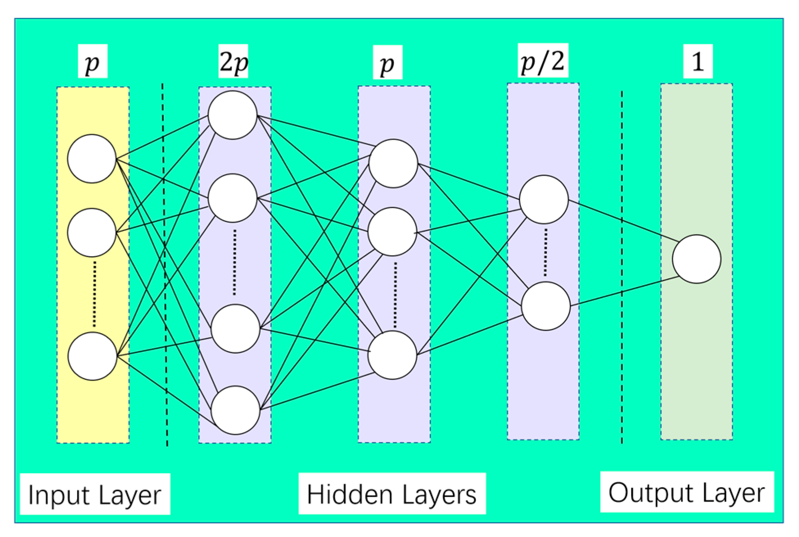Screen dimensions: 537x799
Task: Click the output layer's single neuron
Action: point(696,259)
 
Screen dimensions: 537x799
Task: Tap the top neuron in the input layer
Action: point(92,158)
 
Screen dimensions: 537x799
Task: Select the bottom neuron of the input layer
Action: point(92,356)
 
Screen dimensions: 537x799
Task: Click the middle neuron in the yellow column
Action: point(92,232)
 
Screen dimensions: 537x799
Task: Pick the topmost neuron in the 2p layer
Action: point(232,115)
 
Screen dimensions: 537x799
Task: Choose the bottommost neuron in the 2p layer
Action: point(235,410)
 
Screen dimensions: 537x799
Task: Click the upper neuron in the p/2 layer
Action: point(544,199)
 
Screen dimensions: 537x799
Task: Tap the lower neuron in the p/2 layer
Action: point(546,306)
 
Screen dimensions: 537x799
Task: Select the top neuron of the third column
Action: point(393,163)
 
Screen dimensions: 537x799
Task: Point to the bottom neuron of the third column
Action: point(392,355)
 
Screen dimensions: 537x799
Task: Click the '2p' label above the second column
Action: point(234,62)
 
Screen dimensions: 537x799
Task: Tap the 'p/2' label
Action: point(542,61)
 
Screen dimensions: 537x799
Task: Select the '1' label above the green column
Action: point(698,61)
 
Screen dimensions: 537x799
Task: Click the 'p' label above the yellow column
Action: point(92,62)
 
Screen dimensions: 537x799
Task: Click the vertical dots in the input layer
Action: point(95,294)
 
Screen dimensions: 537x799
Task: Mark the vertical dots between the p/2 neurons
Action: point(545,252)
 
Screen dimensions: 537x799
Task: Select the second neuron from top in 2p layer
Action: point(232,198)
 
